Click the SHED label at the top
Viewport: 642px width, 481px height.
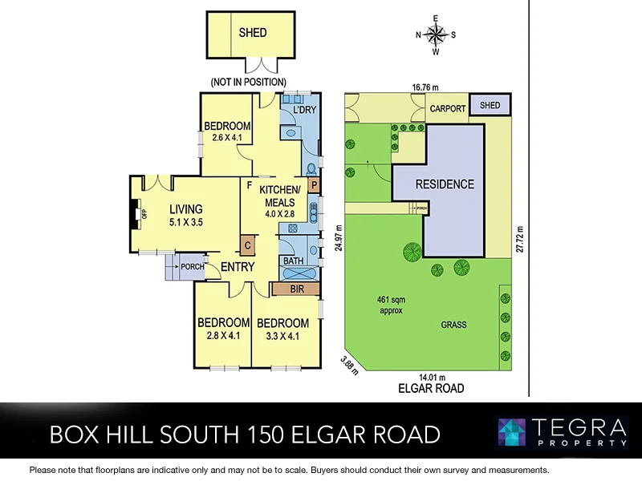[x=252, y=33]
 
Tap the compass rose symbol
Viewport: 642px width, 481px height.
[x=436, y=34]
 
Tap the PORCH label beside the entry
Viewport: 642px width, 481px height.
[x=192, y=267]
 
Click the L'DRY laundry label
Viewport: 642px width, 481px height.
[x=303, y=109]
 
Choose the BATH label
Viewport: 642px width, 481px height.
[x=292, y=261]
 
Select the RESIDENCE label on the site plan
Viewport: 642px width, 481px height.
[x=444, y=184]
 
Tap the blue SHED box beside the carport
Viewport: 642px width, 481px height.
[x=490, y=105]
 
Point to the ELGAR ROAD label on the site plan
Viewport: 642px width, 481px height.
[x=431, y=389]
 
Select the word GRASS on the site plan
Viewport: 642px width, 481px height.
[x=453, y=325]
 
